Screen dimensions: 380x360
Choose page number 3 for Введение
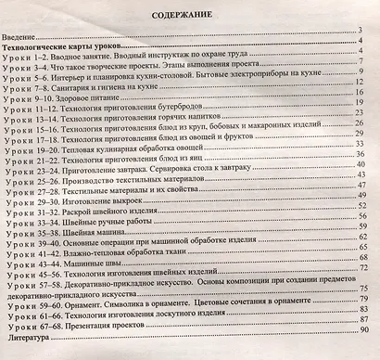tap(365, 32)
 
